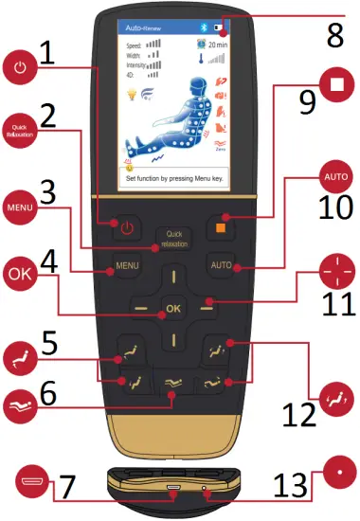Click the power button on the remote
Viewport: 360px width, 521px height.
click(129, 226)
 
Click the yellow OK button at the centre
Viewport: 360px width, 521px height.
click(172, 308)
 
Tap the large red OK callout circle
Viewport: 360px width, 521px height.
click(21, 276)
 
